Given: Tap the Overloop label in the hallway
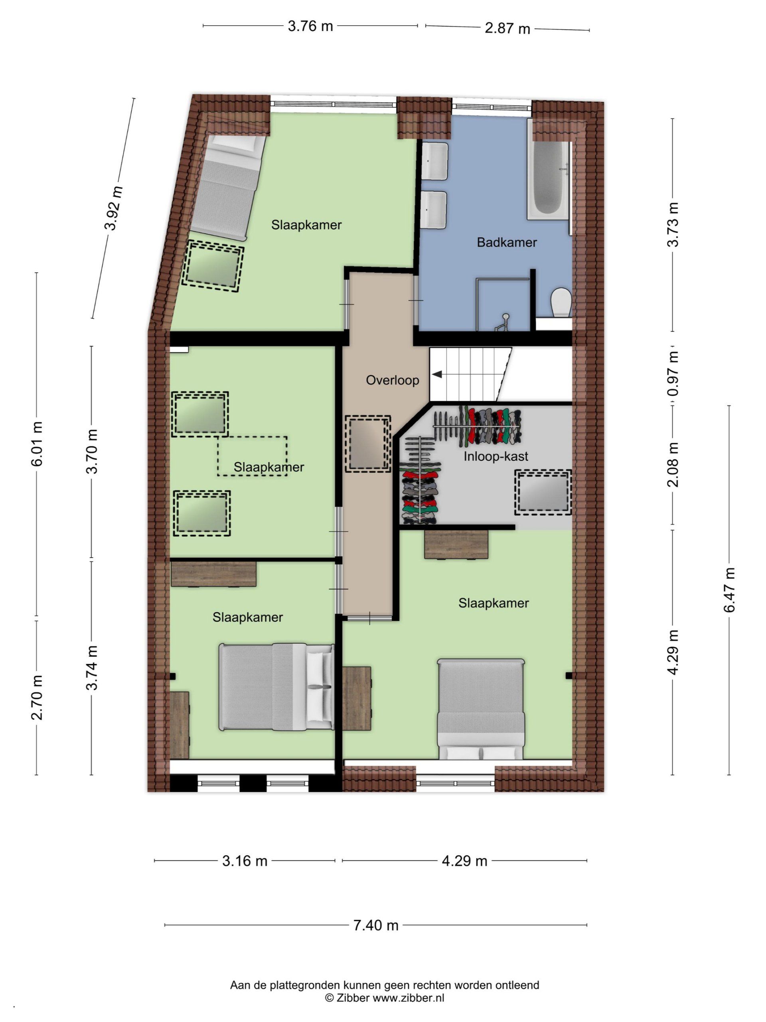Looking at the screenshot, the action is click(x=393, y=380).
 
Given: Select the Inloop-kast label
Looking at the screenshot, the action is click(x=496, y=456).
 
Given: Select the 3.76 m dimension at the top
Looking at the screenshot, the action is click(x=310, y=26).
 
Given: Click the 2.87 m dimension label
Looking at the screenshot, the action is click(x=507, y=29).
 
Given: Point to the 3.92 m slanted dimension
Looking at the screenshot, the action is click(x=114, y=208).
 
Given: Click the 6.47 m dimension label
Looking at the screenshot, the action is click(x=728, y=590).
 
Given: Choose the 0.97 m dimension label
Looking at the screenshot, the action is click(x=674, y=373).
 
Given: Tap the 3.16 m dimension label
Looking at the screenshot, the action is click(x=245, y=861).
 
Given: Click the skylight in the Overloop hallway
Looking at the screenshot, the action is click(x=368, y=444).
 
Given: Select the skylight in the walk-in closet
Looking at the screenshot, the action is click(x=543, y=493).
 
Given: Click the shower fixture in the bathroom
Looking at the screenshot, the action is click(x=504, y=322).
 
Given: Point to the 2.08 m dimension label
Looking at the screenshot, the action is click(x=674, y=464).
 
